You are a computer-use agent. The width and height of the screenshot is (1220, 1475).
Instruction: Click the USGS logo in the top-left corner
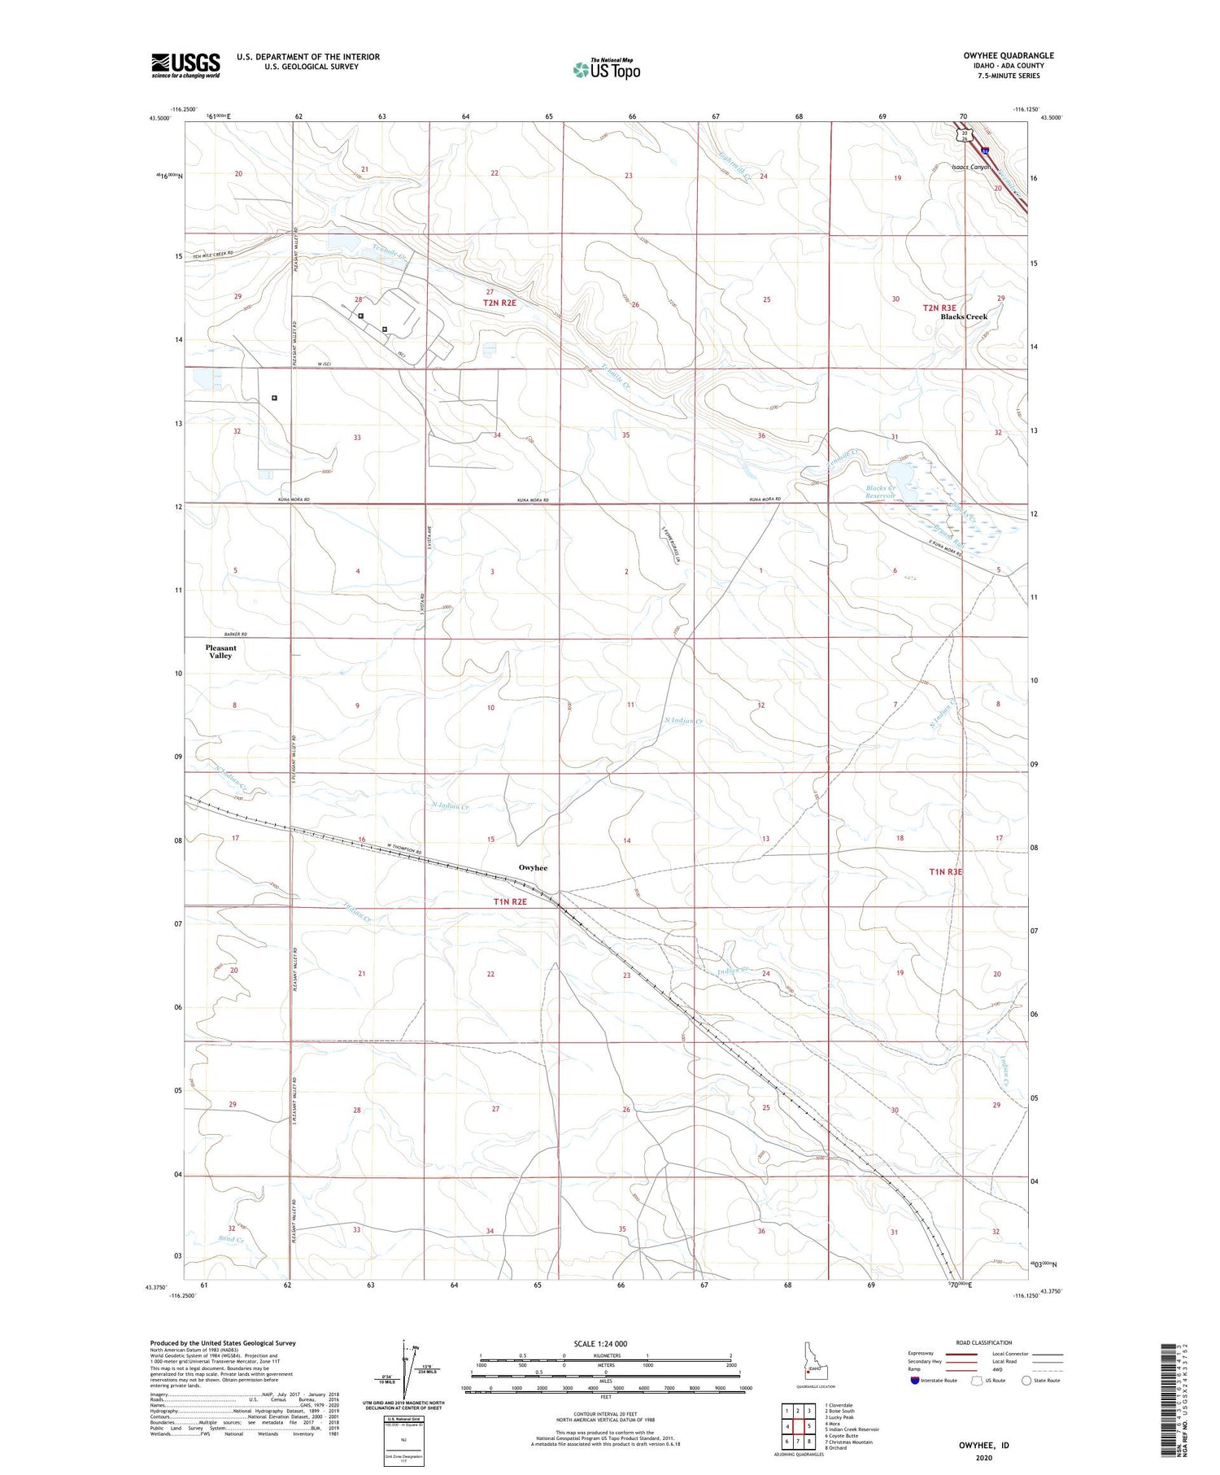click(185, 65)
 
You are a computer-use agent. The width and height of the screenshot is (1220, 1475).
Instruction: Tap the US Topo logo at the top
click(607, 69)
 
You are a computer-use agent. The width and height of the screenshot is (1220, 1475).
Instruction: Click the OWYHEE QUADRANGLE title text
click(1009, 55)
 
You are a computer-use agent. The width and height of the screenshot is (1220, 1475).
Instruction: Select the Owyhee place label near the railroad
click(533, 867)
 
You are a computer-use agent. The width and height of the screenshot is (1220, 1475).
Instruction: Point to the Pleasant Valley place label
click(220, 652)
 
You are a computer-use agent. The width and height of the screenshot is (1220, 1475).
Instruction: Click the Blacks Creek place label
click(964, 316)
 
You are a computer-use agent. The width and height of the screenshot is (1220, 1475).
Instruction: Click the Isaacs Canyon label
click(971, 167)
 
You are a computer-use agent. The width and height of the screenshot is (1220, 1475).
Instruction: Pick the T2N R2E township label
click(499, 303)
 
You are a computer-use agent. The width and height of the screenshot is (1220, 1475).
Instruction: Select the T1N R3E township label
click(945, 871)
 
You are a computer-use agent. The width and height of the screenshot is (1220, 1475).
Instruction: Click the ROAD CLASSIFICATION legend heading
click(984, 1342)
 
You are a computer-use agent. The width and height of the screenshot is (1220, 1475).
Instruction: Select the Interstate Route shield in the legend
click(915, 1380)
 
